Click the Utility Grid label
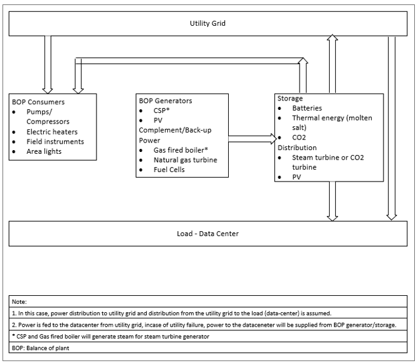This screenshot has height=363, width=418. (207, 23)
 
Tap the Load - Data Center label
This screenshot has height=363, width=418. (207, 234)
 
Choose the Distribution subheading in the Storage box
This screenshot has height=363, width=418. (298, 148)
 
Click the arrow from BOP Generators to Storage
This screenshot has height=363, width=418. (251, 136)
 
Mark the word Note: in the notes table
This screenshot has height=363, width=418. (21, 301)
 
